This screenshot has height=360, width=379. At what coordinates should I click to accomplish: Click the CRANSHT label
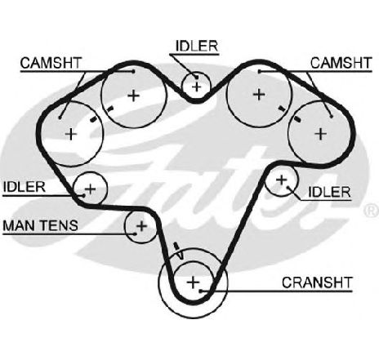[317, 282]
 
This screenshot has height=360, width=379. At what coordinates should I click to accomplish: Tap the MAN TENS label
[40, 225]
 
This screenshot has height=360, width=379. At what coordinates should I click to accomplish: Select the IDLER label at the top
[197, 46]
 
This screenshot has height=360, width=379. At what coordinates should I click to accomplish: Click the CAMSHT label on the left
[51, 63]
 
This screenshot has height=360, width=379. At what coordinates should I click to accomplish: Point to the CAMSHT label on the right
[341, 63]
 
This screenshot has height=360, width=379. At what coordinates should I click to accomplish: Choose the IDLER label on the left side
[25, 187]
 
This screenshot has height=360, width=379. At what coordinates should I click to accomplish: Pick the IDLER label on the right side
[329, 192]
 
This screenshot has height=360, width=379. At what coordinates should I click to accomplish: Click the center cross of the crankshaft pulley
[194, 282]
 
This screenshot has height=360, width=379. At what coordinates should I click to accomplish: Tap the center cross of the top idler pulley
[196, 87]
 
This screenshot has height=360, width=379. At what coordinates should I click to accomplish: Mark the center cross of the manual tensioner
[141, 226]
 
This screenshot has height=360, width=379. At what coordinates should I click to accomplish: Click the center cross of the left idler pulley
[91, 189]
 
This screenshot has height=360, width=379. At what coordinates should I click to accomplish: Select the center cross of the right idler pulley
[282, 180]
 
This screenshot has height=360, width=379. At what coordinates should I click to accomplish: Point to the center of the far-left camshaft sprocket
[71, 134]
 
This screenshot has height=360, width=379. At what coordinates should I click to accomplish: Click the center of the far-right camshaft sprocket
[320, 134]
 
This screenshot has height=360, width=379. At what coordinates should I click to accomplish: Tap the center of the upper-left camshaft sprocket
[133, 96]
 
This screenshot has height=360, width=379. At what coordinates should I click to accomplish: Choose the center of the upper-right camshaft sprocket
[259, 95]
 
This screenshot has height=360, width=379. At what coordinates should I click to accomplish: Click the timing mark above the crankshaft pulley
[176, 247]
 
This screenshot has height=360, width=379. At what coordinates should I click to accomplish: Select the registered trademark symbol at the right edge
[372, 210]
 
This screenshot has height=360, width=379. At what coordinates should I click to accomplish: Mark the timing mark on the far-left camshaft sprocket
[93, 119]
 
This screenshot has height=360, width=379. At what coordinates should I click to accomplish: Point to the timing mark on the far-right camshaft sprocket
[297, 118]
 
